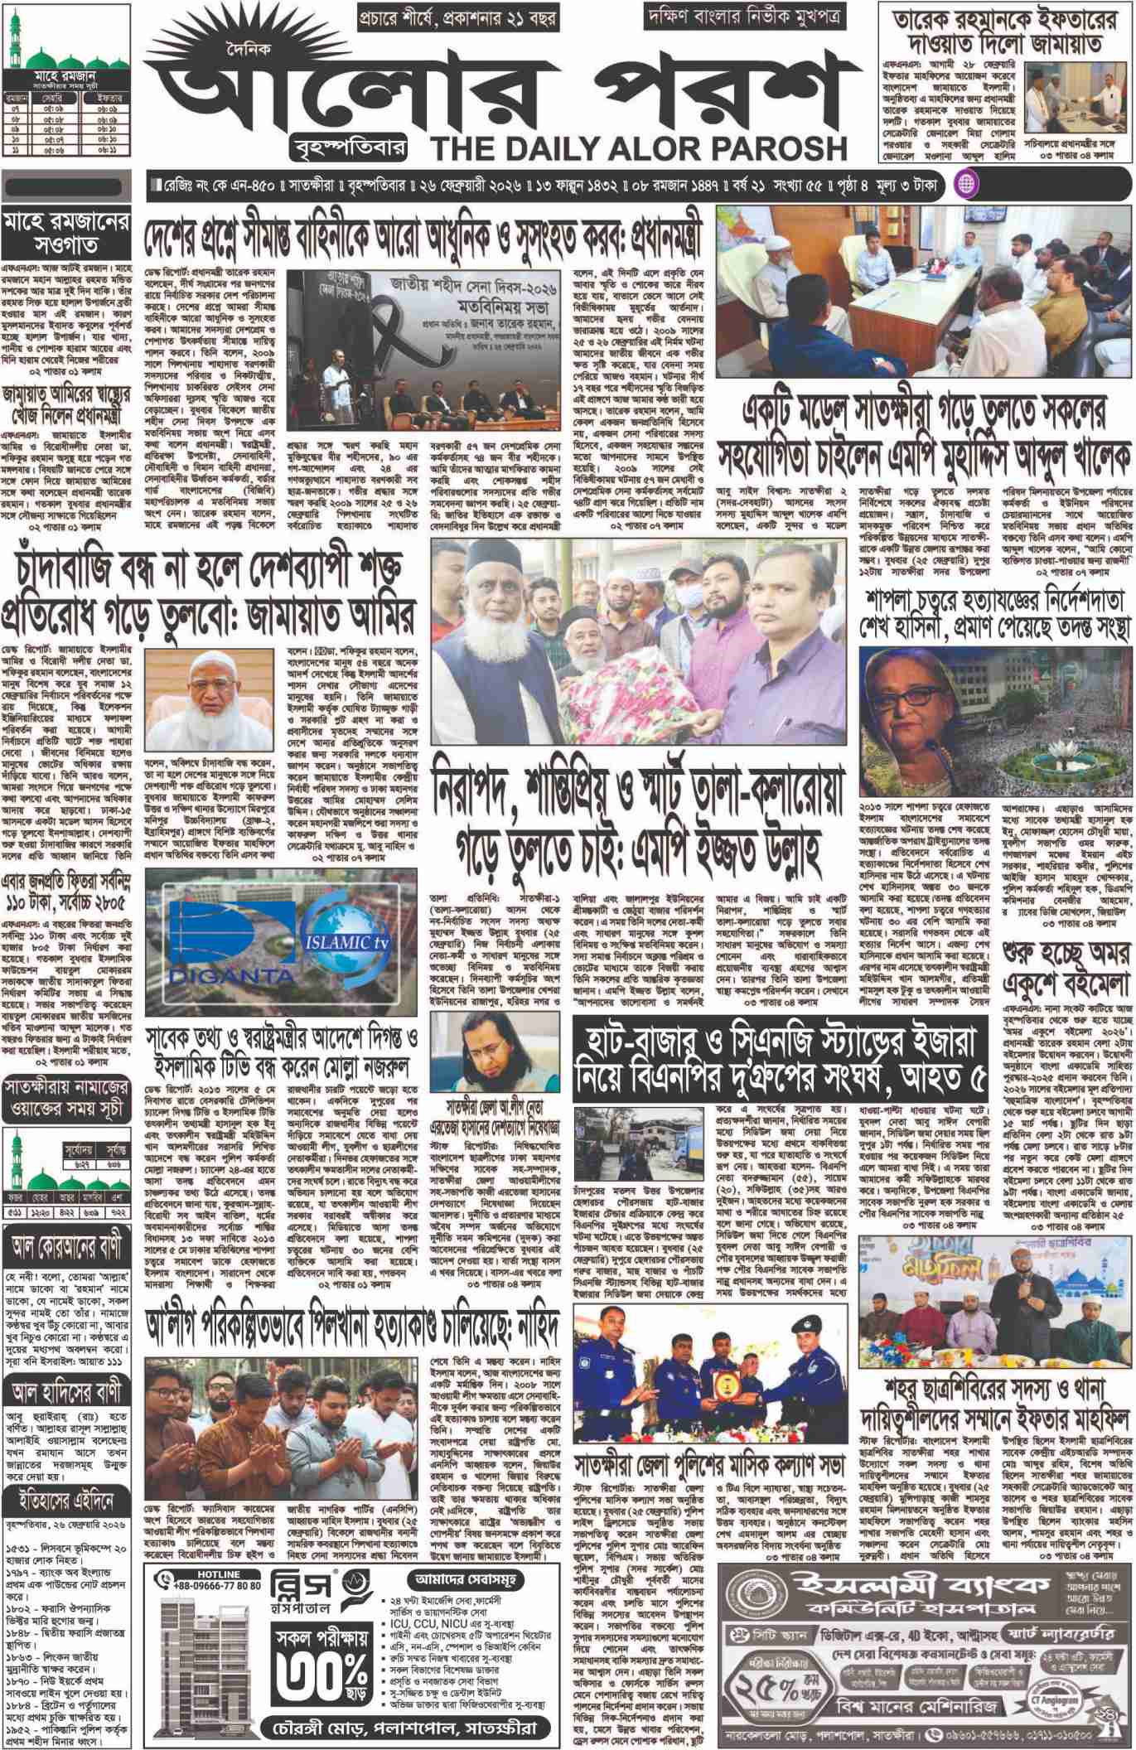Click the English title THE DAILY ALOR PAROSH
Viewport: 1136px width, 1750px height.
click(x=638, y=147)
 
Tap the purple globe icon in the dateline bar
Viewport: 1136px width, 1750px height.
click(x=967, y=184)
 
